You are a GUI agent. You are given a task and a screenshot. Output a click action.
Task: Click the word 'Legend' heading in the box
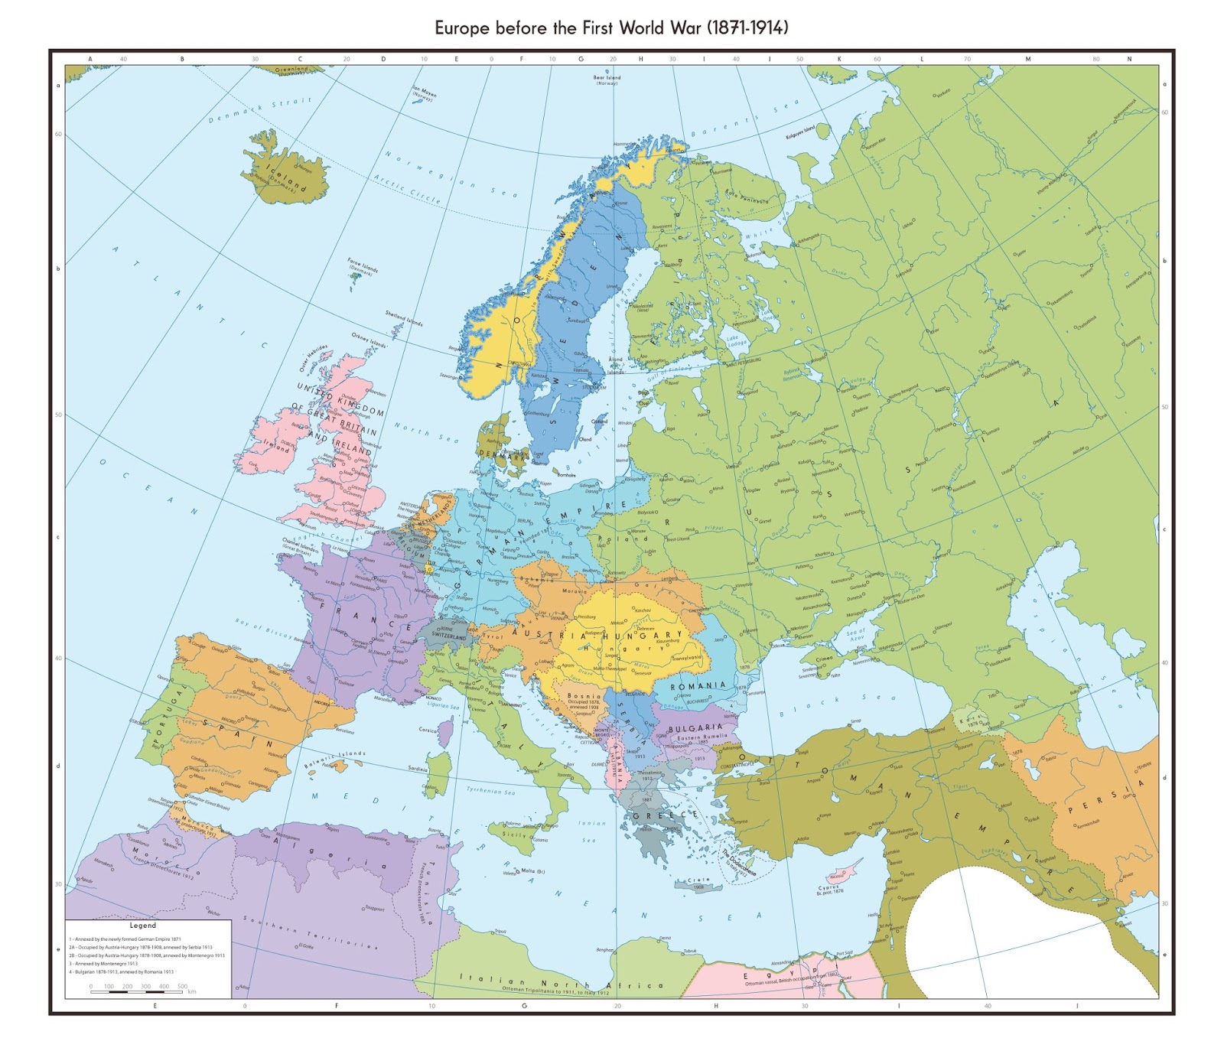tap(143, 926)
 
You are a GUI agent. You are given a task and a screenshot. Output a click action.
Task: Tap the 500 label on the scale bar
tap(182, 986)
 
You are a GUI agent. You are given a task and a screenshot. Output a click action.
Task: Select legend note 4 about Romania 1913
tap(122, 972)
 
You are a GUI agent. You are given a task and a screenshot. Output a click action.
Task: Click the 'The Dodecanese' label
tap(739, 862)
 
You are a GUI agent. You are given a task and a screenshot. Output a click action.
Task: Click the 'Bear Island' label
tap(607, 78)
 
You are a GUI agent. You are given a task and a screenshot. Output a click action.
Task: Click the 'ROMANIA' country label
tap(698, 686)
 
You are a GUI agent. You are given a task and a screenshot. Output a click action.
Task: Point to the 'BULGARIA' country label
tap(695, 727)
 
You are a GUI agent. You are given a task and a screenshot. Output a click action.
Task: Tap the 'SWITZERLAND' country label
tap(448, 636)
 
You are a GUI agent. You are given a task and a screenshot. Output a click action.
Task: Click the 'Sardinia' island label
tap(418, 769)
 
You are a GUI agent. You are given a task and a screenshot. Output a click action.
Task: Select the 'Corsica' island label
tap(428, 730)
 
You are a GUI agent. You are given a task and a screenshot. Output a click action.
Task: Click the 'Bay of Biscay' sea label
tap(264, 628)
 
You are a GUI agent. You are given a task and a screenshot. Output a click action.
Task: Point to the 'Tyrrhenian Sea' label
tap(491, 791)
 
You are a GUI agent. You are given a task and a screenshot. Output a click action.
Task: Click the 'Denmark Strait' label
tap(260, 110)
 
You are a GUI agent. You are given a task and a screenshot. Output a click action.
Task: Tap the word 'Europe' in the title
tap(462, 28)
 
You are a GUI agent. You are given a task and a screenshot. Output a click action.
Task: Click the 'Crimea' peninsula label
tap(824, 659)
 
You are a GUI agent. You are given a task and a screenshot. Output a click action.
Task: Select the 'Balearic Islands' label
tap(334, 758)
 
